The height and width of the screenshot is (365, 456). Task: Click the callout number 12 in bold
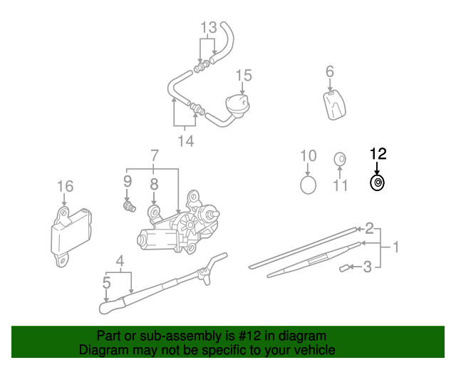coord(377,153)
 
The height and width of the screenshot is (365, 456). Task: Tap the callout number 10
coord(308,155)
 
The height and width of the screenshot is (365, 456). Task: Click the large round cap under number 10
coord(308,185)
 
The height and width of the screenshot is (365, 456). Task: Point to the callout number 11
coord(341,186)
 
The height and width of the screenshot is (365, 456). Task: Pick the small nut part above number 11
coord(340,158)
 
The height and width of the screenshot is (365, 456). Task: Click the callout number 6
coord(330,71)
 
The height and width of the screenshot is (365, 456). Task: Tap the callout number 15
coord(244,74)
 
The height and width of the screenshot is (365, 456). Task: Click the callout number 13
coord(207,28)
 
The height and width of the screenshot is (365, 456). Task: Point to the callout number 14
coord(185,141)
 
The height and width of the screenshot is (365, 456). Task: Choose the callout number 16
coord(65,187)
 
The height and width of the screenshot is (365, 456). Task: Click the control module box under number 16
coord(69,231)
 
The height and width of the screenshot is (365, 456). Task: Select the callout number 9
coord(128,181)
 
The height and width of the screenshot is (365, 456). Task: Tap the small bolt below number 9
coord(129,207)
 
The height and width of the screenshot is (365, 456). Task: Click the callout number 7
coord(153,155)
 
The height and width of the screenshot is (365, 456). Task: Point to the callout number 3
coord(368,267)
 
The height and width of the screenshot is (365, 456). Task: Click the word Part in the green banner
coord(109,336)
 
